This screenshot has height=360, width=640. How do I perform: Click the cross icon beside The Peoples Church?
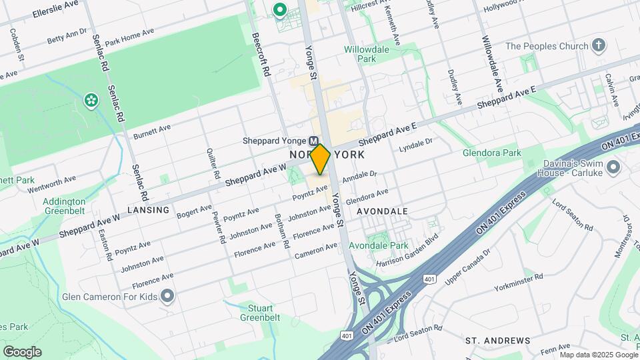tap(599, 46)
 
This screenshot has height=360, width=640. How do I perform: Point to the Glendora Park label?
tap(492, 153)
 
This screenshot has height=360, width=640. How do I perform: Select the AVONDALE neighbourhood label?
tap(382, 211)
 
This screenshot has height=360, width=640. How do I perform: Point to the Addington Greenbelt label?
tap(64, 206)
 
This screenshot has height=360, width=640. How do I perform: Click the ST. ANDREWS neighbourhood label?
tap(497, 341)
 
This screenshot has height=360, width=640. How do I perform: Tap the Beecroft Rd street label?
tap(259, 53)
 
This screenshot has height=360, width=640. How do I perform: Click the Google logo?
tap(22, 352)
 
